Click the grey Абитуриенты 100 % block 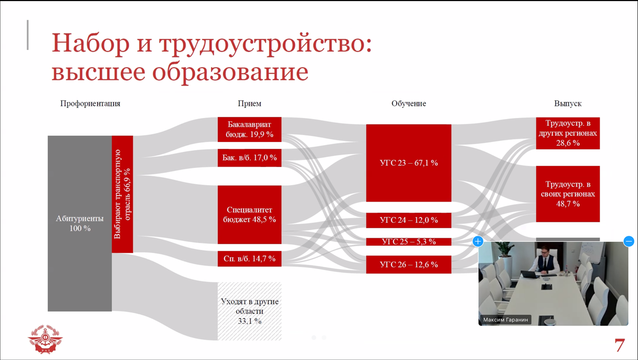point(80,223)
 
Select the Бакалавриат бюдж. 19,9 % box point(249,129)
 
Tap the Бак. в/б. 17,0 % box point(249,158)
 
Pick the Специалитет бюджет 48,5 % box point(249,215)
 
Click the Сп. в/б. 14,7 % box point(249,258)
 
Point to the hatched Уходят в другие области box point(249,311)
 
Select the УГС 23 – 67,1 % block point(409,163)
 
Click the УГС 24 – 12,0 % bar point(409,220)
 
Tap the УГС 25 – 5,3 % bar point(409,242)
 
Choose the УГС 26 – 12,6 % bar point(409,265)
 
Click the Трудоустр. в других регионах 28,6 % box point(568,133)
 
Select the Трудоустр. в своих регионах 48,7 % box point(568,194)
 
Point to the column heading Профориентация point(90,103)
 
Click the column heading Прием point(249,103)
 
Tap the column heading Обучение point(409,103)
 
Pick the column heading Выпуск point(568,103)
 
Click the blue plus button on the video point(478,241)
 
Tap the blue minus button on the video point(629,241)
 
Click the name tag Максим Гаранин point(506,320)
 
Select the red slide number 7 point(620,346)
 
